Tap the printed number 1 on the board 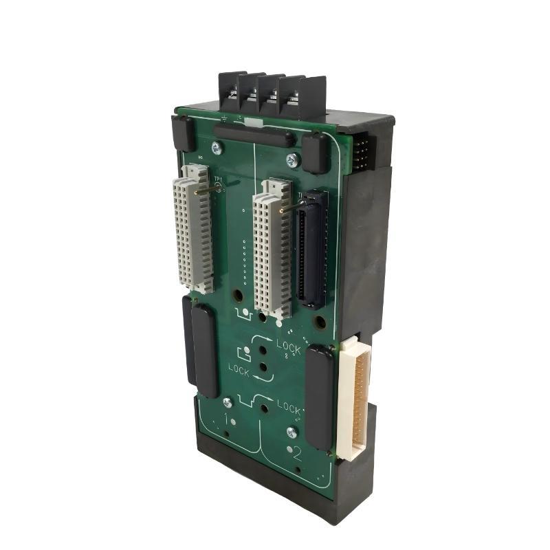pos(228,419)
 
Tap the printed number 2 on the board pos(297,454)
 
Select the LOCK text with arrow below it pos(240,369)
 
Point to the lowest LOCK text pos(289,407)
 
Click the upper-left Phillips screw pos(217,146)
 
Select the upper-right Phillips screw pos(291,161)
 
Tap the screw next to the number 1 pos(227,403)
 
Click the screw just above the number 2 pos(291,432)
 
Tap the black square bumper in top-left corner pos(183,133)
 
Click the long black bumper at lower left pos(200,346)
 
